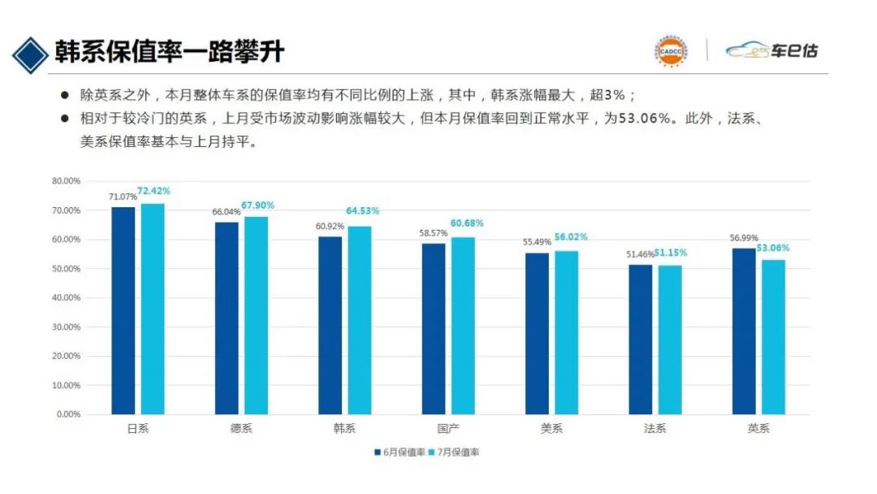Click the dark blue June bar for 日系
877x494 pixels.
pyautogui.click(x=123, y=310)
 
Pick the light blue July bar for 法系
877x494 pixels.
pyautogui.click(x=670, y=340)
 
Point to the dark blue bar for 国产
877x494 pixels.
pyautogui.click(x=434, y=329)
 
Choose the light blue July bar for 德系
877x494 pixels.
pyautogui.click(x=256, y=315)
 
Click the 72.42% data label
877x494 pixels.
pyautogui.click(x=153, y=191)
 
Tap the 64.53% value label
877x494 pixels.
pyautogui.click(x=362, y=210)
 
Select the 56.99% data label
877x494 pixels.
pyautogui.click(x=745, y=238)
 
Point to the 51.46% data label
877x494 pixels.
pyautogui.click(x=641, y=254)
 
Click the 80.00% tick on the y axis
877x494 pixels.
pyautogui.click(x=66, y=181)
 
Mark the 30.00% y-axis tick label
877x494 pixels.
pyautogui.click(x=66, y=327)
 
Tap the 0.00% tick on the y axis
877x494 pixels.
pyautogui.click(x=68, y=414)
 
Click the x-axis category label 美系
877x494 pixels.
pyautogui.click(x=551, y=429)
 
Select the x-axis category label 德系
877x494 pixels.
pyautogui.click(x=241, y=429)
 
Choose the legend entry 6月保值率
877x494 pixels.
pyautogui.click(x=400, y=452)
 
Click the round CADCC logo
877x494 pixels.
pyautogui.click(x=671, y=50)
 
